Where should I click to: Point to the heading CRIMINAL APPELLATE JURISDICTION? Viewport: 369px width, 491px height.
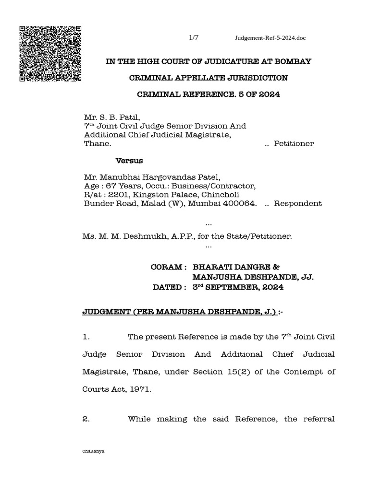tap(209, 78)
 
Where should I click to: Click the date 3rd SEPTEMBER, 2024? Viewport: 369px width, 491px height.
tap(238, 287)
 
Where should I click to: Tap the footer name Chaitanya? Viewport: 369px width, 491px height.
tap(95, 451)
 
